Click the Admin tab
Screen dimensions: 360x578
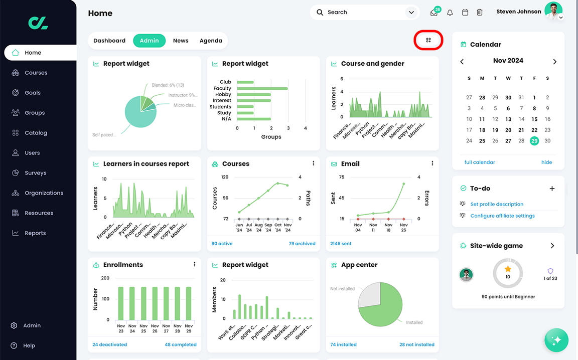click(x=149, y=41)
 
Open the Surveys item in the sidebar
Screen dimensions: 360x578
click(x=35, y=173)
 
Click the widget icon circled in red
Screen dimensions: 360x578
click(x=428, y=40)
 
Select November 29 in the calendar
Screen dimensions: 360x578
click(x=534, y=141)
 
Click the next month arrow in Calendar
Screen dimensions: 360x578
click(x=554, y=61)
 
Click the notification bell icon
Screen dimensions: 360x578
click(x=450, y=13)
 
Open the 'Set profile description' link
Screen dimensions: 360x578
click(x=497, y=204)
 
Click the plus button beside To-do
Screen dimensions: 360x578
click(x=552, y=189)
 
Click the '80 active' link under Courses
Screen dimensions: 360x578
click(x=222, y=244)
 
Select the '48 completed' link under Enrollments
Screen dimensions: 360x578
click(x=180, y=344)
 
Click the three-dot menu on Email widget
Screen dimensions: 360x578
click(x=432, y=163)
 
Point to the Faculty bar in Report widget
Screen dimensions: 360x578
click(x=262, y=88)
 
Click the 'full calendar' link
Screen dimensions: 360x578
click(x=480, y=162)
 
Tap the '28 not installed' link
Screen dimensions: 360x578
click(x=416, y=344)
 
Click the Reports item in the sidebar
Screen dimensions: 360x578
click(x=35, y=233)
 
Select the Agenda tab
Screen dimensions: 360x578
click(x=211, y=41)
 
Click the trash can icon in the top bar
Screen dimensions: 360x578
click(x=480, y=13)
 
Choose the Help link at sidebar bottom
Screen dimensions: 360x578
click(x=29, y=345)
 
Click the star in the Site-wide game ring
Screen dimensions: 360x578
click(x=508, y=269)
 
